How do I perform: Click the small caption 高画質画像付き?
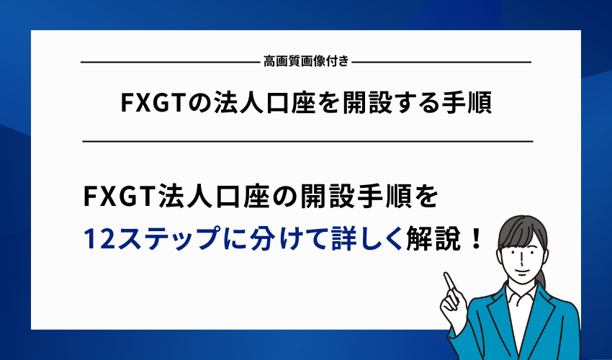coord(307,62)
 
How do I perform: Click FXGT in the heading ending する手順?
coord(152,104)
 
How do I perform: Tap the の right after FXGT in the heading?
coord(196,104)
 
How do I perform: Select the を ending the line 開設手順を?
coord(425,195)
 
